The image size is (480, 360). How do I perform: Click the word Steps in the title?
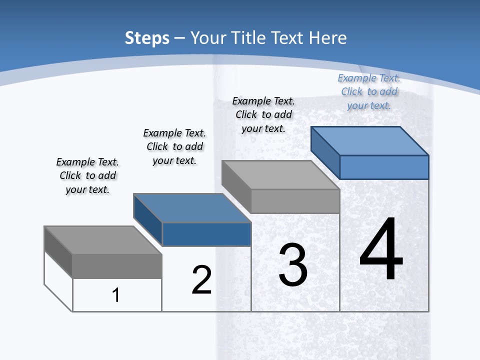coord(147,38)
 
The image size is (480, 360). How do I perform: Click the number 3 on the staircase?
coord(293,265)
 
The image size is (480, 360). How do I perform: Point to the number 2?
coord(201,279)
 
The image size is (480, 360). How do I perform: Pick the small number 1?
coord(116,295)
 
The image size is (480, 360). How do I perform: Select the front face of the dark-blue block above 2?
coord(206,234)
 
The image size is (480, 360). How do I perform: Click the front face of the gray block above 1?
coord(117,266)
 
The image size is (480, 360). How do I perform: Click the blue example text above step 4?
coord(369,91)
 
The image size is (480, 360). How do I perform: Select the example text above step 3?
coord(263,114)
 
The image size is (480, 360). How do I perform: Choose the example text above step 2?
coord(174,146)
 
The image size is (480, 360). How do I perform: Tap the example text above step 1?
coord(87,175)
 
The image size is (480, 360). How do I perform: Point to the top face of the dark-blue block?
coord(192,207)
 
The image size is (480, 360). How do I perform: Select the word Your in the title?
coord(208,38)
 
